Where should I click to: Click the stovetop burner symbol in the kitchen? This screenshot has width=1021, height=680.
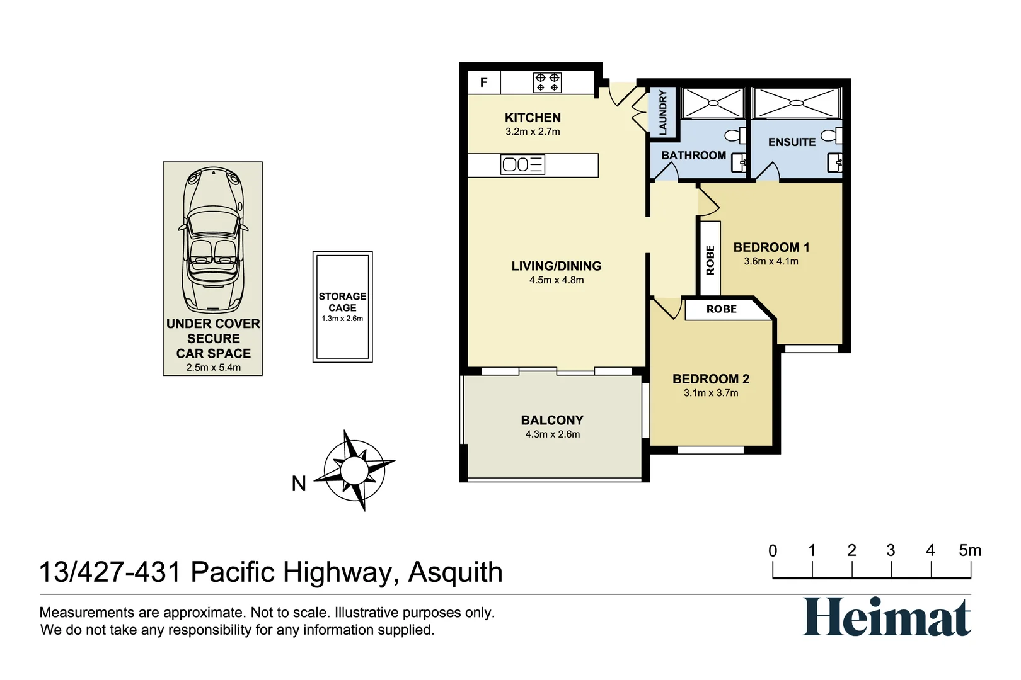tap(546, 82)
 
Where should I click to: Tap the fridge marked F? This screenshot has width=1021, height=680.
tap(484, 82)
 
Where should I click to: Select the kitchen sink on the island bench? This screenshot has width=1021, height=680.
tap(522, 165)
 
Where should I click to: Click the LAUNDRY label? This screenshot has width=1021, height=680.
tap(662, 112)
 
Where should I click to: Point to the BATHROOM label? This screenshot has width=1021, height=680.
tap(693, 156)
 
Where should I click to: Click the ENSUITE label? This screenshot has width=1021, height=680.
tap(792, 142)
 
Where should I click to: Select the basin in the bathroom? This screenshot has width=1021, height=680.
tap(739, 163)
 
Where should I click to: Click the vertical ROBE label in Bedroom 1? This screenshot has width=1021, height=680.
tap(710, 259)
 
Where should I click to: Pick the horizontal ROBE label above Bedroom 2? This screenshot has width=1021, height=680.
tap(721, 309)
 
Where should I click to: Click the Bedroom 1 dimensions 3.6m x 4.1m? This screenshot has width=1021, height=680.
tap(771, 261)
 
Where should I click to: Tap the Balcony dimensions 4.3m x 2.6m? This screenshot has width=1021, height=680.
tap(552, 434)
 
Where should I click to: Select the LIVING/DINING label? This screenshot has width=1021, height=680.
tap(556, 266)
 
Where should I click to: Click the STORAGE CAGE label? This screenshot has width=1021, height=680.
tap(342, 302)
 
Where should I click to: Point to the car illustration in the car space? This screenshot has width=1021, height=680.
tap(213, 239)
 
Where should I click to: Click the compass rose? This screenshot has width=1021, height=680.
tap(354, 470)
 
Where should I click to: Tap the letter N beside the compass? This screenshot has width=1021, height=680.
tap(299, 484)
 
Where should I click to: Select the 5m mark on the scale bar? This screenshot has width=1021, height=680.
tap(969, 551)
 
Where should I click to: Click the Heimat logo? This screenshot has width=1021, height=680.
tap(886, 617)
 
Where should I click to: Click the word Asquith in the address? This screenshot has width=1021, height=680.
tap(455, 572)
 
